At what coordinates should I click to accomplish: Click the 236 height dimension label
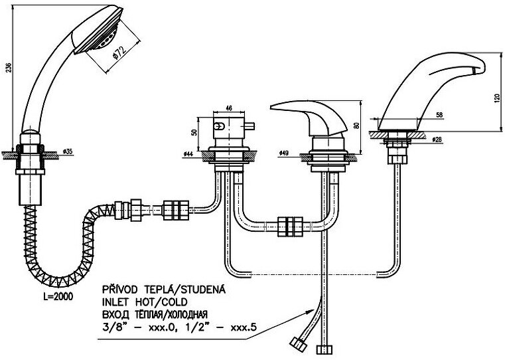point(7,65)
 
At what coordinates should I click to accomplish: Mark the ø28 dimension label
point(437,140)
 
